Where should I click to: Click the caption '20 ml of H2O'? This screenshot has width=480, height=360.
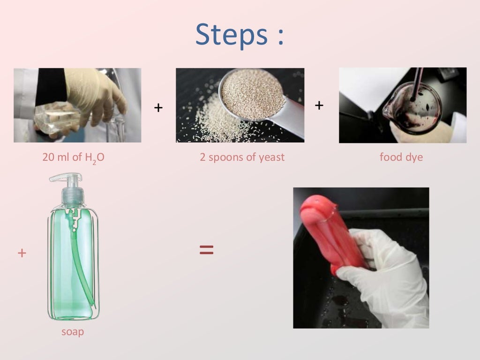pos(73,157)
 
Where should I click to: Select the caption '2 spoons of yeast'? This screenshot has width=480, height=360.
pos(242,157)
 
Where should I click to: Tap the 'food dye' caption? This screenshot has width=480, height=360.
pos(401,157)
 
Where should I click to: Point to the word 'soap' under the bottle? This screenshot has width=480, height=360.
pos(73,332)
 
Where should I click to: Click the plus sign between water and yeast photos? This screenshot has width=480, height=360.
pos(158,108)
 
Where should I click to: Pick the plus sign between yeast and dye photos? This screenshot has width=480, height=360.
pos(319,105)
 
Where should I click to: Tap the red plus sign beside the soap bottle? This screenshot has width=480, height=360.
pos(22,253)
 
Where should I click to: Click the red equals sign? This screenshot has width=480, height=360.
pos(206,249)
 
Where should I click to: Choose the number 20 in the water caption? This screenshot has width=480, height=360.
pos(49,157)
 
